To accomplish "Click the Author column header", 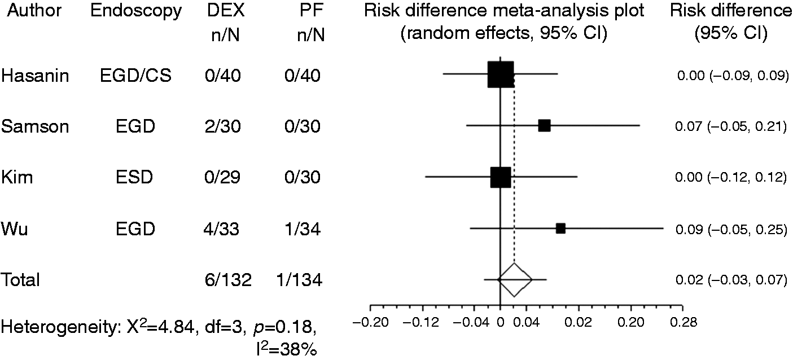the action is point(34,11).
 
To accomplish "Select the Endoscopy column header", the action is point(136,11).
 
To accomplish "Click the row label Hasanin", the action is point(35,76).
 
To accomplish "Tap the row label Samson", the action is point(35,126).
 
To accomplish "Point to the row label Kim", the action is point(17,177).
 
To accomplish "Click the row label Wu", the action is point(15,229).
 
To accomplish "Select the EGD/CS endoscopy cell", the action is point(135,76).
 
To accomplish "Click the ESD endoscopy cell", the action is point(134,177).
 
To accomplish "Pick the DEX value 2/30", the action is point(223,126).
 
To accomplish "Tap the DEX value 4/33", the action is point(221,229).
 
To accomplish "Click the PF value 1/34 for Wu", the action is point(303,229).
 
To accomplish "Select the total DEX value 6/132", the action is point(228,280).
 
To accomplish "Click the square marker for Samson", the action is point(545,126).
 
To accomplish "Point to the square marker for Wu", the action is point(561,229).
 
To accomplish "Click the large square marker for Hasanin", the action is point(501,74).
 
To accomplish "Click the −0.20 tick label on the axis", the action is point(371,323).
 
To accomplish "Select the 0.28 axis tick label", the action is point(684,323).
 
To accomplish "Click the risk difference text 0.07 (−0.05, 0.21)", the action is point(731,126).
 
